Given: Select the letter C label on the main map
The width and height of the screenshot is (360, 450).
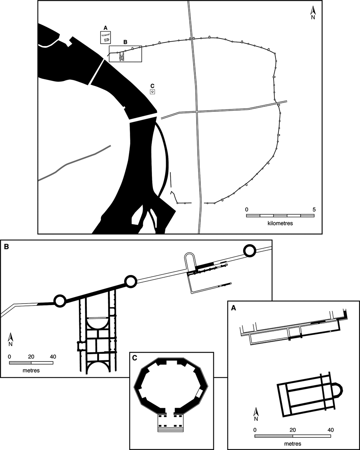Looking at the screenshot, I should tap(152, 85).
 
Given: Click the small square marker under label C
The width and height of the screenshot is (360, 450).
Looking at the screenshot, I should tap(152, 92).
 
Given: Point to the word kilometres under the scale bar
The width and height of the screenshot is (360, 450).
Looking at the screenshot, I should tap(280, 223).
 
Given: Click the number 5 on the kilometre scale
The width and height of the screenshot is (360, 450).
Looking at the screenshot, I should tap(314, 209).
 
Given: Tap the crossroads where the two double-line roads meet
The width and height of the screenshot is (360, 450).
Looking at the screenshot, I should tap(197, 111).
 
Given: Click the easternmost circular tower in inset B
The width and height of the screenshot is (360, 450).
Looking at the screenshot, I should tap(250, 251).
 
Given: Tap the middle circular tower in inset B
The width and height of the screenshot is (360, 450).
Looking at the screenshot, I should tap(130, 282).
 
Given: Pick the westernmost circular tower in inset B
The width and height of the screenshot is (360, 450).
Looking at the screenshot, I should tap(59, 301).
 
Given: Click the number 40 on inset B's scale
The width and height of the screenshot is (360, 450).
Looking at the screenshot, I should tap(53, 357).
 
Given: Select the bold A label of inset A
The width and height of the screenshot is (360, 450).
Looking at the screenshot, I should tap(232, 307).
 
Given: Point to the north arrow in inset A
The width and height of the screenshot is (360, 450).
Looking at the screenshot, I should tap(257, 413).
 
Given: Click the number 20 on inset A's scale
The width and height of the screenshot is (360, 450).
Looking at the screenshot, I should tap(293, 429).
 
